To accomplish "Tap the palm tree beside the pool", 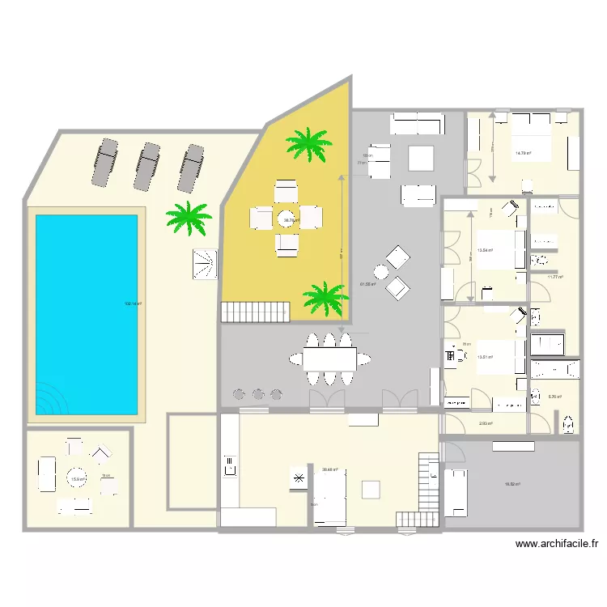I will click(189, 218).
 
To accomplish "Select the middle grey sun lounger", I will click(147, 167).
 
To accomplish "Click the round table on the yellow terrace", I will click(287, 219).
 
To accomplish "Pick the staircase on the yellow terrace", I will click(256, 312).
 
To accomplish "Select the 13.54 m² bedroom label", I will click(486, 250).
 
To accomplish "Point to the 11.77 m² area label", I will click(554, 277).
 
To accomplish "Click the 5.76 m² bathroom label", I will click(554, 397).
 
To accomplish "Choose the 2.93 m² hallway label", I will click(486, 423).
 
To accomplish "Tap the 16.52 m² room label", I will click(512, 484).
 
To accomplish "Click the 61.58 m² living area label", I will click(366, 284).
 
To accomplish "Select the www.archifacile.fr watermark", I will click(558, 545).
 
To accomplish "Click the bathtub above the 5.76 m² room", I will click(555, 371).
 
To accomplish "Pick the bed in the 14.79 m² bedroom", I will click(529, 141).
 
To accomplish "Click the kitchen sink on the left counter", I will click(229, 465).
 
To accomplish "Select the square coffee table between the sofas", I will click(422, 157).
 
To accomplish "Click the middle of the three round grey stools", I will click(258, 394).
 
